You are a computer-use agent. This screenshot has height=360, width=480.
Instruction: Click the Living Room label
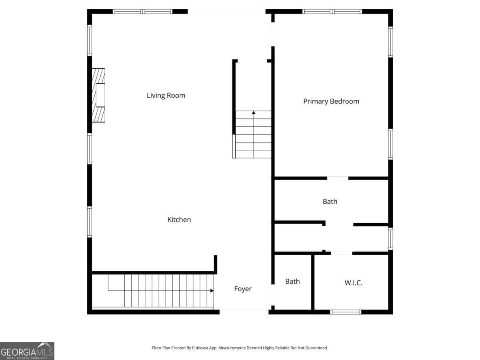tap(166, 96)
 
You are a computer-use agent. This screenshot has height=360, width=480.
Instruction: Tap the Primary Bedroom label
tap(331, 102)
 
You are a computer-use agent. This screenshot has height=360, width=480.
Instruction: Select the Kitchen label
tap(179, 220)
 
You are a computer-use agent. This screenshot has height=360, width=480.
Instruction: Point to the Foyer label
tap(243, 289)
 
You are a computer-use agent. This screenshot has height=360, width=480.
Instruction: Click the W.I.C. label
tap(354, 283)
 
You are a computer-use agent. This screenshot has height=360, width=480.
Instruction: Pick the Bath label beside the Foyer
tap(292, 282)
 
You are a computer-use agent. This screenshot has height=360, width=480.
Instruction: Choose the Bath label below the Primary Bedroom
tap(330, 202)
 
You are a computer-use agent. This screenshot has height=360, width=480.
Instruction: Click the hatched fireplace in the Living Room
tap(98, 95)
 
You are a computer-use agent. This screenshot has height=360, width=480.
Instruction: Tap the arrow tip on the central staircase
tap(254, 113)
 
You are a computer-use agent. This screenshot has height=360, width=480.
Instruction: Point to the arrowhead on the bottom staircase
tap(212, 291)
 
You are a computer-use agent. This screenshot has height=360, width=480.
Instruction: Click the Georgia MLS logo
tap(27, 351)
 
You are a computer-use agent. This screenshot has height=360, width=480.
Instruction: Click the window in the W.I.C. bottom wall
tap(346, 312)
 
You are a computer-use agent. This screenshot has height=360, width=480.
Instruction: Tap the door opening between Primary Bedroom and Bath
tap(338, 178)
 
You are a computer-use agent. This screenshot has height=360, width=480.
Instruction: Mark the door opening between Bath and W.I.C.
tap(341, 253)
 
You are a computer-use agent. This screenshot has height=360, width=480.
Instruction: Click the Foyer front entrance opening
tap(244, 311)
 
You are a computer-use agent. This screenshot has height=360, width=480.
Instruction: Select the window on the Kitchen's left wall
tap(90, 222)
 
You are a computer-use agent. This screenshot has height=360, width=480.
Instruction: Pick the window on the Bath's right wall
tap(390, 238)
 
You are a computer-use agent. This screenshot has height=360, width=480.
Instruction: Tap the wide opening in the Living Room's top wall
tap(226, 12)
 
